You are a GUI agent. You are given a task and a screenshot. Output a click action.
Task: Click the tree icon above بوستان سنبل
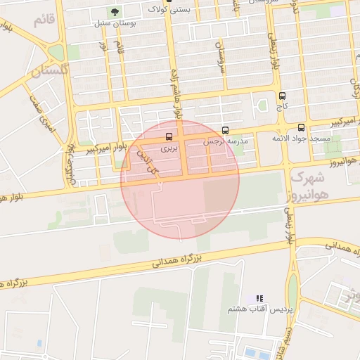pos(115,12)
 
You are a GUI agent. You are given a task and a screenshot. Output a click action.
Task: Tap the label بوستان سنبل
pos(115,23)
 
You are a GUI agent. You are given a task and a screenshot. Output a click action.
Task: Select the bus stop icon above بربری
pos(169,137)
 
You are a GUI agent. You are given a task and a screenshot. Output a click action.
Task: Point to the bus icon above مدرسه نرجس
pos(226,130)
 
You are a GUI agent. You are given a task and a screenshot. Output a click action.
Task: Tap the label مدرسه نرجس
pos(226,141)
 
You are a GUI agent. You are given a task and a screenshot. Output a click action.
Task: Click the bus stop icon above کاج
pos(283,96)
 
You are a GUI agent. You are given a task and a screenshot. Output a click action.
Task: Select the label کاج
pos(283,107)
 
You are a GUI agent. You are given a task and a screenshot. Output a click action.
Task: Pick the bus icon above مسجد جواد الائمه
pos(302,127)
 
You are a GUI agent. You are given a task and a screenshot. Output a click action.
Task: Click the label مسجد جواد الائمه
pos(302,139)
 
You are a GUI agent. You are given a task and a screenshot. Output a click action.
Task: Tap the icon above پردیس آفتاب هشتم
pos(259,299)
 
